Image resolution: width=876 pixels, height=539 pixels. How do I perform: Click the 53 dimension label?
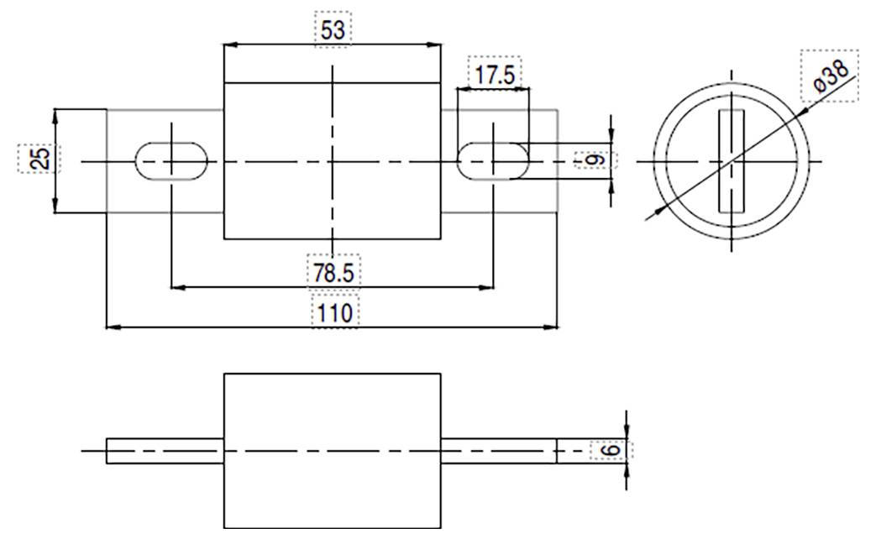point(333,30)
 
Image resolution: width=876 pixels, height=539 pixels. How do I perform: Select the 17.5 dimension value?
point(494,75)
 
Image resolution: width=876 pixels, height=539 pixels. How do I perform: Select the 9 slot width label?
point(594,160)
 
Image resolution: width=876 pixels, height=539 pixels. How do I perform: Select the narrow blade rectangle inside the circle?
point(732,160)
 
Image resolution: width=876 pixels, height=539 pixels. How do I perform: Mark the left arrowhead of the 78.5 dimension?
point(176,287)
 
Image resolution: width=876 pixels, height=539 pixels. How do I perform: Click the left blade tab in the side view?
point(165,451)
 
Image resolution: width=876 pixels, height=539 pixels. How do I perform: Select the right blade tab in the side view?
point(498,451)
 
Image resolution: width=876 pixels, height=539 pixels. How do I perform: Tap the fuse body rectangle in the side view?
point(332,451)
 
